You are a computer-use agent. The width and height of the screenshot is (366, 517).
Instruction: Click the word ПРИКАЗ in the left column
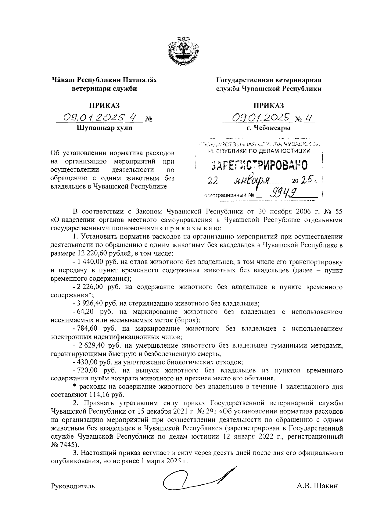click(x=104, y=106)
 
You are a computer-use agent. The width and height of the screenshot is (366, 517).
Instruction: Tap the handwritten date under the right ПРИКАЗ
click(x=261, y=117)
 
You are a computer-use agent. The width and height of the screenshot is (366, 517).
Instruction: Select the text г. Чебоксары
click(x=269, y=128)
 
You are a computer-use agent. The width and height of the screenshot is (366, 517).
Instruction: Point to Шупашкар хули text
click(x=104, y=128)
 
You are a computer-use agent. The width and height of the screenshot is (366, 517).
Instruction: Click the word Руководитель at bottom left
click(x=73, y=486)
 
